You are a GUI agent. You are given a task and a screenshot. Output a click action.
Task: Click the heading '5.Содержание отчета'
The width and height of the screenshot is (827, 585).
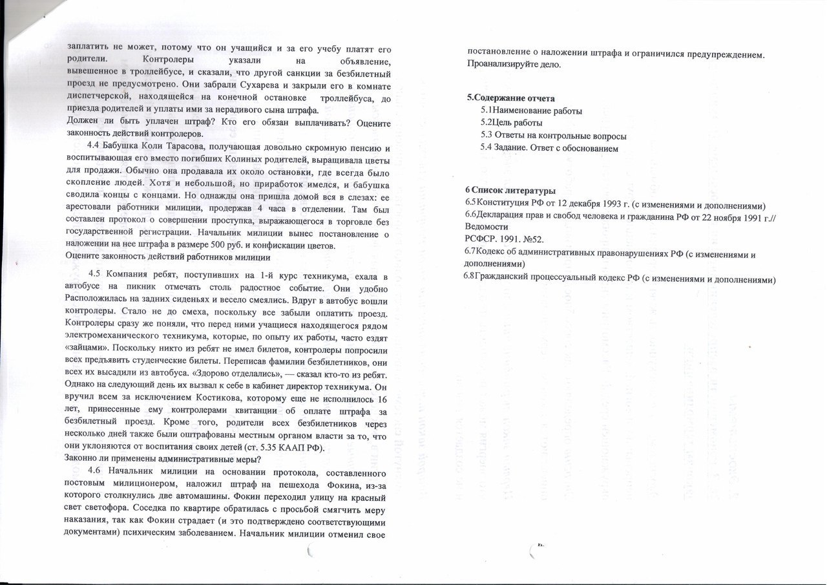tap(510, 98)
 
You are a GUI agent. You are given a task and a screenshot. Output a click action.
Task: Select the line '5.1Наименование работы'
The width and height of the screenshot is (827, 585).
tap(531, 111)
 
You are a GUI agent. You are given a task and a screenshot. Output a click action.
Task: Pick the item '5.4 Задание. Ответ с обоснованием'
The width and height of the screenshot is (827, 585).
tap(549, 148)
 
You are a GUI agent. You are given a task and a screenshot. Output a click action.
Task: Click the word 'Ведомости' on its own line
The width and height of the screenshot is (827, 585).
tap(487, 228)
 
